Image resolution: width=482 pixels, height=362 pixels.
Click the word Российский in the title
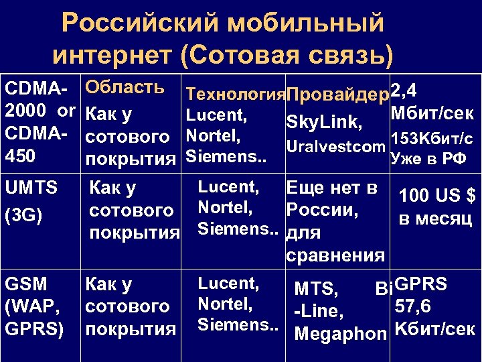click(137, 24)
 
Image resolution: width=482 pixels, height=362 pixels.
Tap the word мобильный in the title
click(307, 24)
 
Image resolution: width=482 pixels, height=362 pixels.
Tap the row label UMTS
click(31, 188)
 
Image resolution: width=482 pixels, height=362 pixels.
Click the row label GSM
click(25, 285)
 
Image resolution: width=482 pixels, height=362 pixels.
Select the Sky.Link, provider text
click(325, 123)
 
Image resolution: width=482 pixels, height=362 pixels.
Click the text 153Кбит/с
click(432, 139)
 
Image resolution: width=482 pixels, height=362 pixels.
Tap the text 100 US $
click(436, 196)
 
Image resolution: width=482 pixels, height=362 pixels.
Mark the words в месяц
click(436, 219)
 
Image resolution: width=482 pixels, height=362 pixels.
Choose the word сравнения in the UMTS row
click(335, 255)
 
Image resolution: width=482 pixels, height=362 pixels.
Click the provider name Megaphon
click(341, 333)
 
